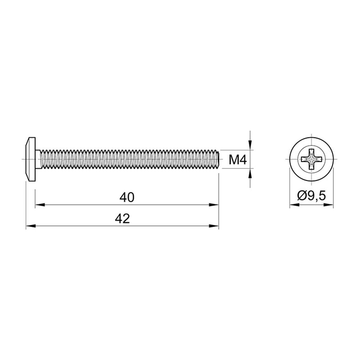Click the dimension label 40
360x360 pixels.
[x=127, y=197]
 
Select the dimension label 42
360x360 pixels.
[x=122, y=219]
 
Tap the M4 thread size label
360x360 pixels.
[x=238, y=160]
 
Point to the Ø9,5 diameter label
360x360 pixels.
[x=311, y=196]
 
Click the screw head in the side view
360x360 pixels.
[x=31, y=159]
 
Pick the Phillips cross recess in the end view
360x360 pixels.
[x=311, y=159]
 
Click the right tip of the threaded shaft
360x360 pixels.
[x=219, y=159]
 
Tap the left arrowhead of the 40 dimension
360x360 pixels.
[x=40, y=205]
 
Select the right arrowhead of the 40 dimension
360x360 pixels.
[x=214, y=205]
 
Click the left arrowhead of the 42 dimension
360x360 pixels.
[x=31, y=226]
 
